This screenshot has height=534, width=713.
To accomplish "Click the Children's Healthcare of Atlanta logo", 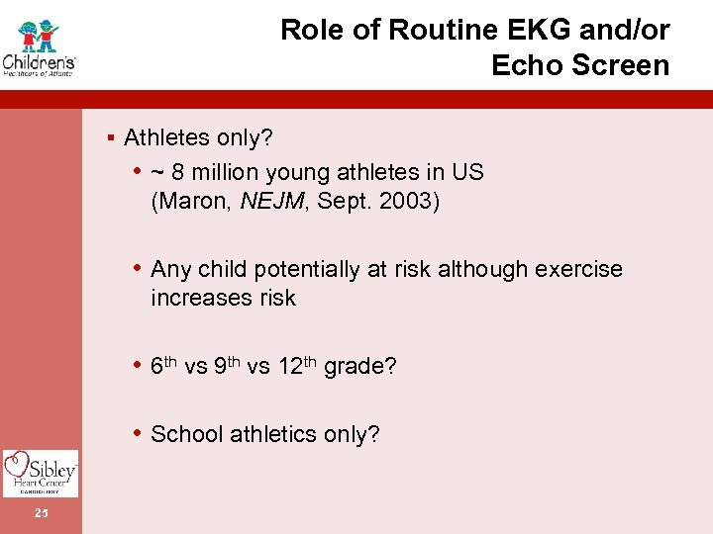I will pos(40,46).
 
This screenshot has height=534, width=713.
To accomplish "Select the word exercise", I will pos(581,270).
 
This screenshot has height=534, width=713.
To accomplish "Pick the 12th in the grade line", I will pos(296,365).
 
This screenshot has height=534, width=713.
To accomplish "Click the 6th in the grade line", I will pos(164,365).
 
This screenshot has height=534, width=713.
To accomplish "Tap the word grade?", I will pos(360,367).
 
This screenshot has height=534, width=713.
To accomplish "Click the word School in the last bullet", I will pos(186,434).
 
